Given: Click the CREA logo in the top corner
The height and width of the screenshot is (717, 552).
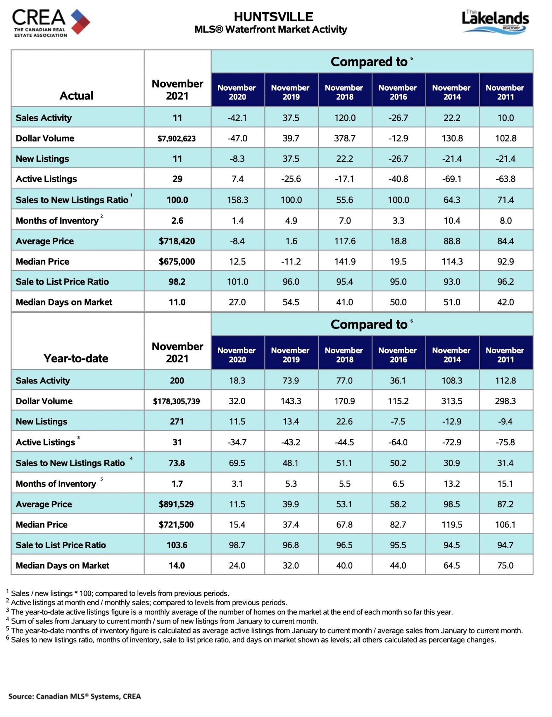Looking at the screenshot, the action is pyautogui.click(x=51, y=23).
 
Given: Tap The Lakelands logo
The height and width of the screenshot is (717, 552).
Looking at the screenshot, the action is pyautogui.click(x=495, y=22).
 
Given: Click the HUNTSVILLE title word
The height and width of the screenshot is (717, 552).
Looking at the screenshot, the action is pyautogui.click(x=273, y=17).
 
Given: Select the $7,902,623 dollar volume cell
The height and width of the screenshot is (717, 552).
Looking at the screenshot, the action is pyautogui.click(x=177, y=139).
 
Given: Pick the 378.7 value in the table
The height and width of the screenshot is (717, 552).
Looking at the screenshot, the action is pyautogui.click(x=345, y=138).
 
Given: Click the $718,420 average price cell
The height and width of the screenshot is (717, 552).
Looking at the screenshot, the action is pyautogui.click(x=177, y=241).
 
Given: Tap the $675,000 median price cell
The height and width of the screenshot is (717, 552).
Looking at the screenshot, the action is pyautogui.click(x=177, y=262).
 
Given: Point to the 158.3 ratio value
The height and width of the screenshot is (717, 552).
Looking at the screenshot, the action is pyautogui.click(x=237, y=200).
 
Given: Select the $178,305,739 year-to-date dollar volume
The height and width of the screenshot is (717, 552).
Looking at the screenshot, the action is pyautogui.click(x=177, y=401).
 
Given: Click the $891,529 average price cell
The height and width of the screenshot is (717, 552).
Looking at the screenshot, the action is pyautogui.click(x=177, y=504).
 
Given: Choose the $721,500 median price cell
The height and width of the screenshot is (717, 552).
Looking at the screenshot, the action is pyautogui.click(x=177, y=524).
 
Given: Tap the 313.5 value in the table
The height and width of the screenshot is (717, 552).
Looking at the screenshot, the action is pyautogui.click(x=452, y=401).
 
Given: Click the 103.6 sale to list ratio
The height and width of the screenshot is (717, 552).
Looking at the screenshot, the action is pyautogui.click(x=177, y=545).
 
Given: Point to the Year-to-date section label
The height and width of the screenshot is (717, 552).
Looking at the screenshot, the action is pyautogui.click(x=76, y=358).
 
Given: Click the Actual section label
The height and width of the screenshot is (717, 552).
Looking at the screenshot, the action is pyautogui.click(x=76, y=96).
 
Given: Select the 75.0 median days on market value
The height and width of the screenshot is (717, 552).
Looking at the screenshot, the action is pyautogui.click(x=505, y=565).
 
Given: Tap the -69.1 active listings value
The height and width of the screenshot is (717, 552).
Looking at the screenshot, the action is pyautogui.click(x=452, y=179).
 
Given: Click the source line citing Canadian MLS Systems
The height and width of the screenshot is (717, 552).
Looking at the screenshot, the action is pyautogui.click(x=75, y=696).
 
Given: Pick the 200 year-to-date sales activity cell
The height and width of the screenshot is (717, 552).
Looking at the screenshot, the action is pyautogui.click(x=177, y=381).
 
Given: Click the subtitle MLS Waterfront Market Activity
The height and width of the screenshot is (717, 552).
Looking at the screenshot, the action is pyautogui.click(x=271, y=29).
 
